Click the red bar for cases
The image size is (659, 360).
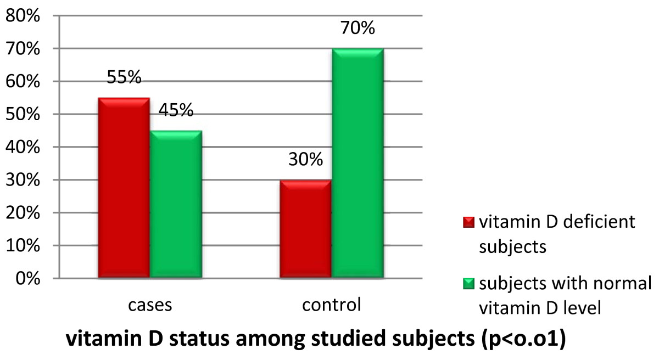tap(124, 188)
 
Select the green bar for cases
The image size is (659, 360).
tap(176, 204)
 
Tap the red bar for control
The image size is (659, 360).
tap(305, 229)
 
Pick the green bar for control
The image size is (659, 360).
tap(358, 163)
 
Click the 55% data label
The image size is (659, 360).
tap(124, 77)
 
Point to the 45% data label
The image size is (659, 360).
tap(176, 110)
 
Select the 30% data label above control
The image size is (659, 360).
tap(306, 160)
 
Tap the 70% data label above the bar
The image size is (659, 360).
tap(358, 27)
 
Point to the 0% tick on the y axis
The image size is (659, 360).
tap(26, 279)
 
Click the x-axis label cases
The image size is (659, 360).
tap(149, 305)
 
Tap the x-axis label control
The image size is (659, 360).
tap(331, 305)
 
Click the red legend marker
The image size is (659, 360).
tap(469, 222)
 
